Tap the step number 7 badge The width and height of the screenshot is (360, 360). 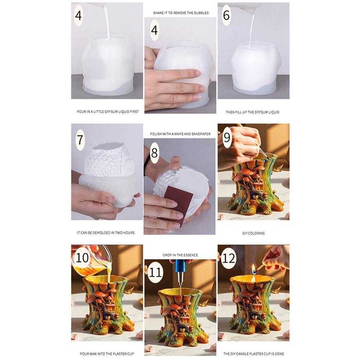pyautogui.click(x=80, y=139)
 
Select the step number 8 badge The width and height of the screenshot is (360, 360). pyautogui.click(x=154, y=153)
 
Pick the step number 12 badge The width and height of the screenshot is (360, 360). pyautogui.click(x=229, y=258)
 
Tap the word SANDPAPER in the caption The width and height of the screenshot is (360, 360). pyautogui.click(x=200, y=134)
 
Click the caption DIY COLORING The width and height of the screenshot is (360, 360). pyautogui.click(x=253, y=233)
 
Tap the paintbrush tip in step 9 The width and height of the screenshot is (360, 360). pyautogui.click(x=265, y=157)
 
